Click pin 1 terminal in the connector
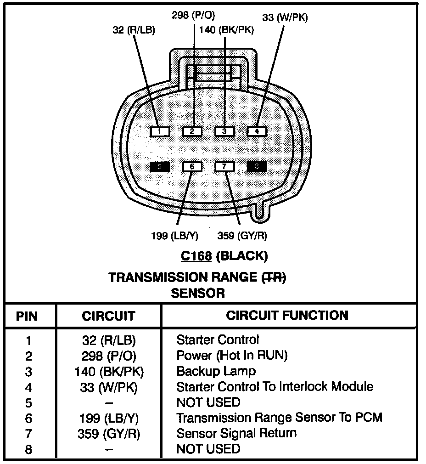coord(160,132)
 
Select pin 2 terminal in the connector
coord(192,132)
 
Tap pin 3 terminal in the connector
coord(224,132)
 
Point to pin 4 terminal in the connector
coord(257,132)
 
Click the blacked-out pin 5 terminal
coord(160,167)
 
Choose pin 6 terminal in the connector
coord(192,167)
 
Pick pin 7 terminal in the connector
coord(224,167)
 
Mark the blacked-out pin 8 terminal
coord(257,167)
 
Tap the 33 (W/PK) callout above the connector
coord(285,18)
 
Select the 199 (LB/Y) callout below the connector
coord(174,236)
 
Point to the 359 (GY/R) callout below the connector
coord(242,236)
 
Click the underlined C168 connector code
coord(196,255)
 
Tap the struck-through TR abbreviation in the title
coord(274,277)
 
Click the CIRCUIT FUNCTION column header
coord(287,315)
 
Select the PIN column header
coord(27,316)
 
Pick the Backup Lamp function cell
coord(216,371)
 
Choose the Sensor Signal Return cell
coord(236,433)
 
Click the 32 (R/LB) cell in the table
coord(109,340)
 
